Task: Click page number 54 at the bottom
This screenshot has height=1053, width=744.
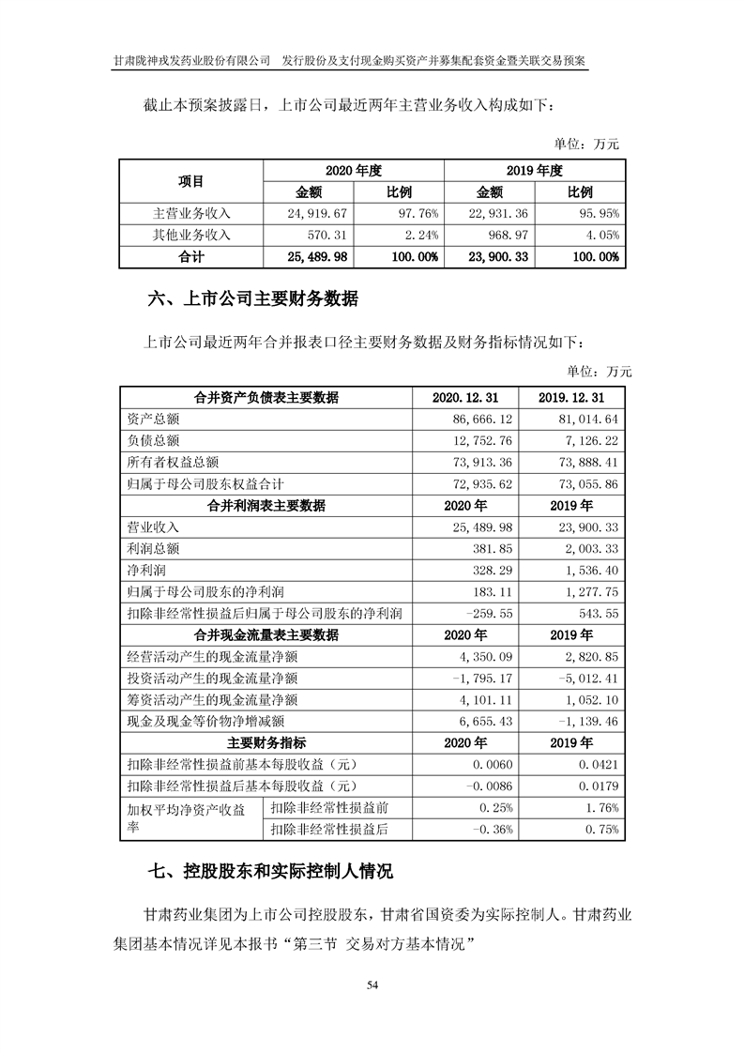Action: pos(372,984)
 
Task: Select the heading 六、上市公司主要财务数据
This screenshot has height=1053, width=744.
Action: pos(253,300)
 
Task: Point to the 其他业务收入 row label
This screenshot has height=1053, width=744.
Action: pos(190,235)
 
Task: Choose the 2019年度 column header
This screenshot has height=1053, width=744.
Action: pos(534,171)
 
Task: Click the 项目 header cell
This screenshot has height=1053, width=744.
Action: pos(190,181)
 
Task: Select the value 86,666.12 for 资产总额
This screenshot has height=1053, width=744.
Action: pos(480,419)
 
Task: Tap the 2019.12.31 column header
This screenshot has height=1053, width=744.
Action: pos(571,398)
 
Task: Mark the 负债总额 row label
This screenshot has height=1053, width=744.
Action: pos(151,440)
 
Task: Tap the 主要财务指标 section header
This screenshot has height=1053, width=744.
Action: pos(266,743)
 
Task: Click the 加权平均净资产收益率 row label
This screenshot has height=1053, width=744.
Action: pos(185,818)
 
